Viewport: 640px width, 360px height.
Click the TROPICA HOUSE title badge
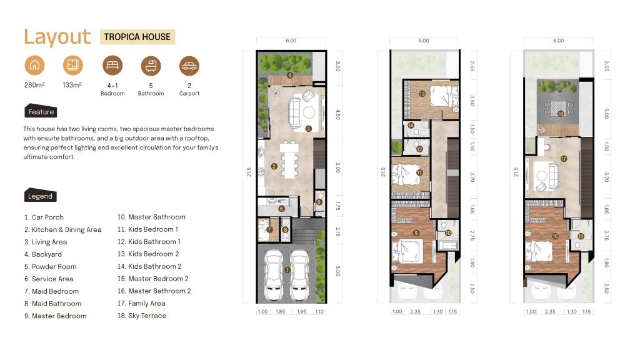137,37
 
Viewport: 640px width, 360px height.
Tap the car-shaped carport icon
189,66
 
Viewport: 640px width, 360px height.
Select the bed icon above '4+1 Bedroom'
112,65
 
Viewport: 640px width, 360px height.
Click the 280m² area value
34,85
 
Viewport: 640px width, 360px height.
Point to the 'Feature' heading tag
41,111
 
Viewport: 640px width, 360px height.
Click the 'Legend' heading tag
41,196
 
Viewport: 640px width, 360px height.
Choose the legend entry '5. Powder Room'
50,266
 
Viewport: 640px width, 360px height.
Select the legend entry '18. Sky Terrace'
142,316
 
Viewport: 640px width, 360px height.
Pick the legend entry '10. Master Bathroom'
151,217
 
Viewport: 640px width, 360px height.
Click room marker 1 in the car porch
287,270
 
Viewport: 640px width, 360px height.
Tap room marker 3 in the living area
309,129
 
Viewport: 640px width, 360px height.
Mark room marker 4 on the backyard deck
290,75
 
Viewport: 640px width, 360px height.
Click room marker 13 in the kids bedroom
422,94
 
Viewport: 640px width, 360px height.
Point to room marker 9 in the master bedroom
416,233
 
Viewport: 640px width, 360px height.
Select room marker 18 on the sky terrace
561,114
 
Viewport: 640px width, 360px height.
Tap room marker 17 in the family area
564,159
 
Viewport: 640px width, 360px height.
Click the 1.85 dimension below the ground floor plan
281,311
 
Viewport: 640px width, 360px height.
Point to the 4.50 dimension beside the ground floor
337,114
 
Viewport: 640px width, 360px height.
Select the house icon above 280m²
35,65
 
